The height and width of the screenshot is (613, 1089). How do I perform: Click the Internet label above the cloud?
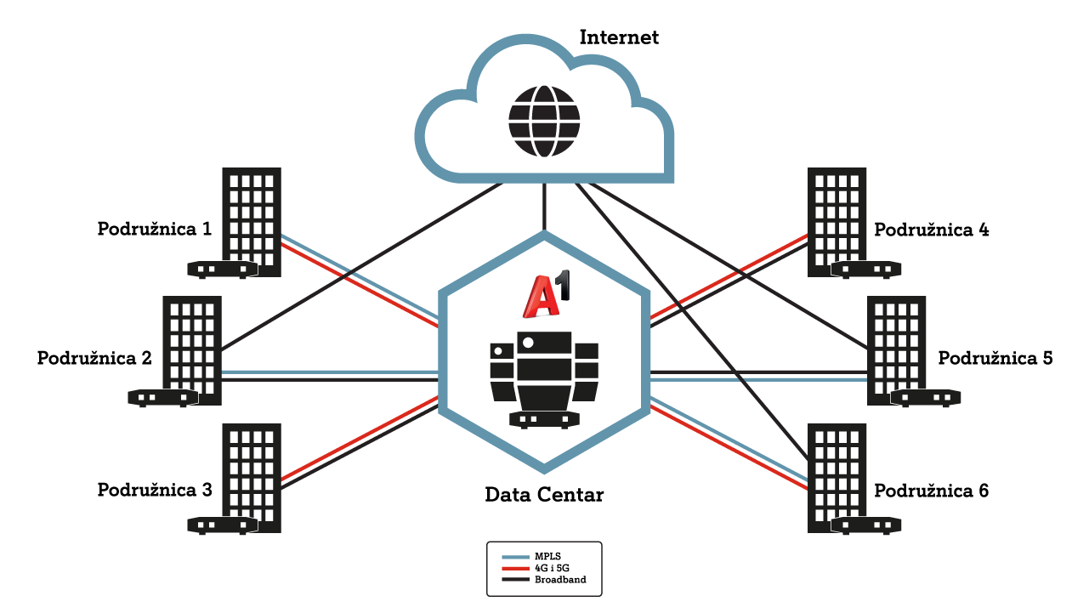click(x=619, y=37)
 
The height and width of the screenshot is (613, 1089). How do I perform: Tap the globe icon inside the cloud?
click(x=544, y=122)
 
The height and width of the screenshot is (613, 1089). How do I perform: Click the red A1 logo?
click(x=546, y=295)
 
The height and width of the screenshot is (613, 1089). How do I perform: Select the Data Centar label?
click(x=544, y=495)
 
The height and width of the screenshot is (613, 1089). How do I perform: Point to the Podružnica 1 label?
click(x=155, y=229)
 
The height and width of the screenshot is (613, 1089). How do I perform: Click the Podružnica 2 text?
click(x=94, y=358)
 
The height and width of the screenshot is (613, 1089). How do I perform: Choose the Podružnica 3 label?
click(x=155, y=490)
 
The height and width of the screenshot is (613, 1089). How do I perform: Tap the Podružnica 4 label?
click(x=932, y=230)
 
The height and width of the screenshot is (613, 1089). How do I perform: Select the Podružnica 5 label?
click(x=995, y=358)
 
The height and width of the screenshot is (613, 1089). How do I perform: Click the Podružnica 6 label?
click(x=932, y=491)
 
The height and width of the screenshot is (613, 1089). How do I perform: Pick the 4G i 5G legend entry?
click(x=536, y=568)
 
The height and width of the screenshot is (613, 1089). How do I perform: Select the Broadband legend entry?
click(x=544, y=580)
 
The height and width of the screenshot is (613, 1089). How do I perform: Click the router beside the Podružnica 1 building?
click(x=223, y=270)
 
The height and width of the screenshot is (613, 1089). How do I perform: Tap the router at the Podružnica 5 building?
click(x=926, y=398)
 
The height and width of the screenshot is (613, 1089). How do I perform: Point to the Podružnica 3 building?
click(x=252, y=478)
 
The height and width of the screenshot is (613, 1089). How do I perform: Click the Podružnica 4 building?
click(x=837, y=222)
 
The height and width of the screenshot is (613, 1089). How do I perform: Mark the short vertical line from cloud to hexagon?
click(x=544, y=207)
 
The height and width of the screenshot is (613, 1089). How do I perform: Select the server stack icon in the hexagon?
click(x=544, y=380)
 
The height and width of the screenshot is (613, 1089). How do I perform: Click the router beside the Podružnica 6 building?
click(x=866, y=525)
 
